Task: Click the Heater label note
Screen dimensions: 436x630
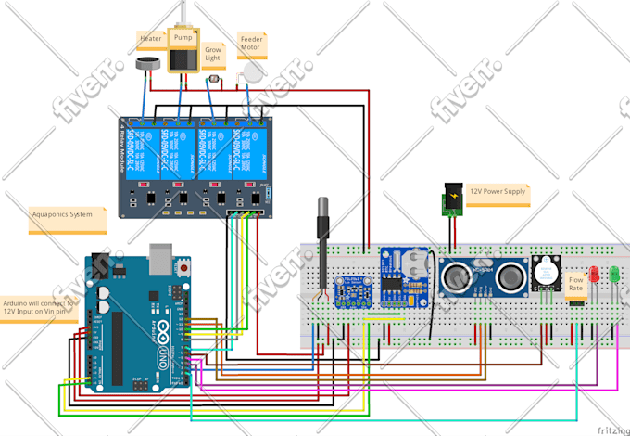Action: pyautogui.click(x=151, y=39)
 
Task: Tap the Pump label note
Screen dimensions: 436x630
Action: pyautogui.click(x=183, y=37)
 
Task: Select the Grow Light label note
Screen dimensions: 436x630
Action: pyautogui.click(x=213, y=52)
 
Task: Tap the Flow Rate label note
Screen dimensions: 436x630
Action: pyautogui.click(x=575, y=283)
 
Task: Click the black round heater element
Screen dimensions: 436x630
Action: pyautogui.click(x=146, y=65)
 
